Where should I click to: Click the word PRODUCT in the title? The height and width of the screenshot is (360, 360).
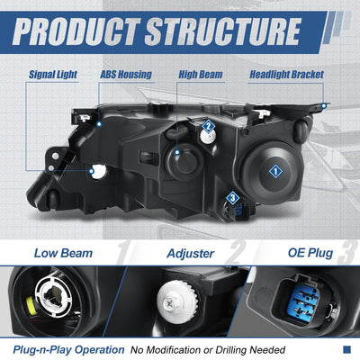(76, 31)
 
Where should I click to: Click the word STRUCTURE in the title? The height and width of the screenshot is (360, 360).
(223, 31)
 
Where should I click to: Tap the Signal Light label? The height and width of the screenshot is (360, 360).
(53, 75)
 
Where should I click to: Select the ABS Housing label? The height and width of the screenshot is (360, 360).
(126, 75)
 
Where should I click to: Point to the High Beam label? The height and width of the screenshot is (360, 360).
(201, 75)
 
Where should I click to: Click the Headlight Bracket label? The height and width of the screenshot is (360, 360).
(286, 75)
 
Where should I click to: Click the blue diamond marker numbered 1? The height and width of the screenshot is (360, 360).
(275, 172)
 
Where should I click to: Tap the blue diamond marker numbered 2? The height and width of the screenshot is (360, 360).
(208, 126)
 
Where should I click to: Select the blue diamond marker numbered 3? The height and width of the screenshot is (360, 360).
(232, 198)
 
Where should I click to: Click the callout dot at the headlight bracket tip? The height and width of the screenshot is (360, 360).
(324, 105)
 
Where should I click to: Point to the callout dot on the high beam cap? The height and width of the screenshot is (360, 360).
(177, 152)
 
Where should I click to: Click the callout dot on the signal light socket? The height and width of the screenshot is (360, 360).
(92, 171)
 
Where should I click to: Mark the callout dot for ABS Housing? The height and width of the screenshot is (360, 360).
(99, 124)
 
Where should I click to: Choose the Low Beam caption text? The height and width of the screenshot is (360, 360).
(63, 253)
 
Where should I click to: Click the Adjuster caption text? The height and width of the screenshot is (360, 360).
(191, 254)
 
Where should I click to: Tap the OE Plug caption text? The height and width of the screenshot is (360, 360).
(310, 253)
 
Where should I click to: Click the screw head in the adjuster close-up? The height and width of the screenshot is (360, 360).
(169, 302)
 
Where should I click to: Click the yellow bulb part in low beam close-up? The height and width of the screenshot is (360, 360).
(31, 306)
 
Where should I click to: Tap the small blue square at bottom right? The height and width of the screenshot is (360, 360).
(346, 349)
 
